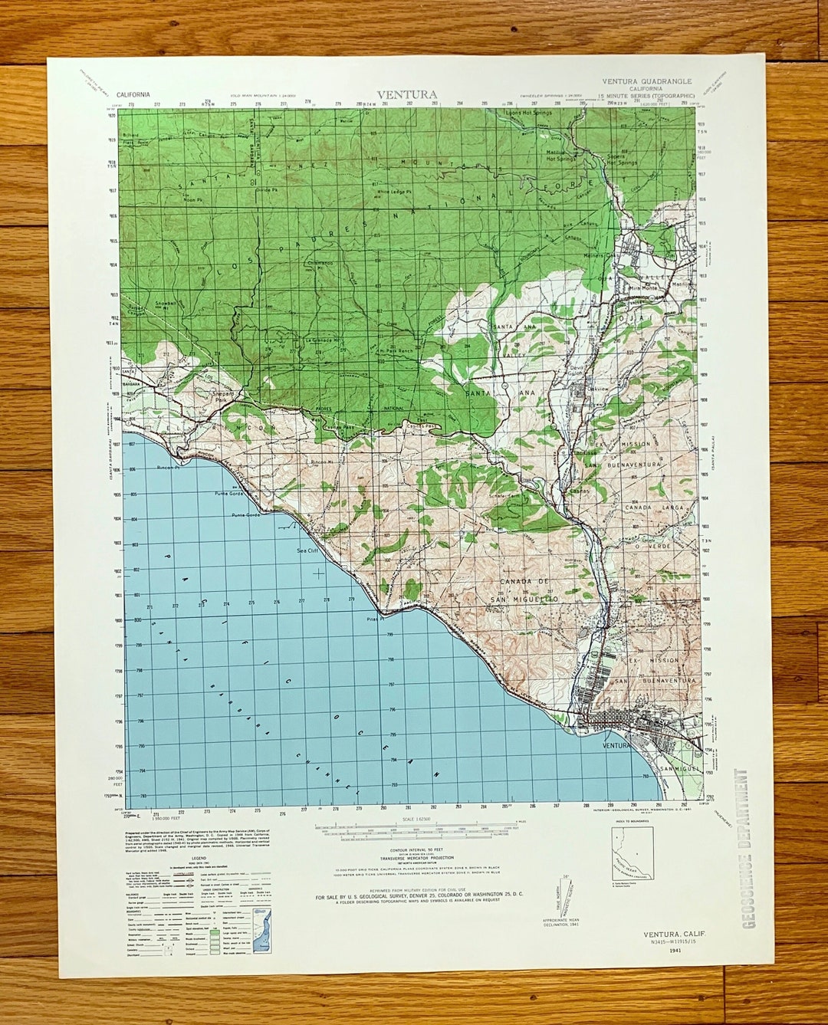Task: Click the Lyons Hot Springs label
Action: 528,113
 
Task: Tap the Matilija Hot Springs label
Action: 560,156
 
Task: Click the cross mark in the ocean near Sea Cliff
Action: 319,572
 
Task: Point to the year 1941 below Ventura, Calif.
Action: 674,951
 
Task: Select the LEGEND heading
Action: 199,858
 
